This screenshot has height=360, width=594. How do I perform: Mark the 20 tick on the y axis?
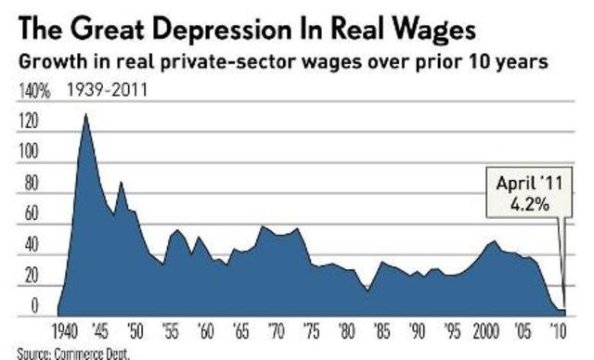coord(29,276)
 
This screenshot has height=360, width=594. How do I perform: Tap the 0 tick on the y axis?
coord(34,306)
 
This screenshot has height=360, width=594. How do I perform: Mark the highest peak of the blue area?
coord(86,115)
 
